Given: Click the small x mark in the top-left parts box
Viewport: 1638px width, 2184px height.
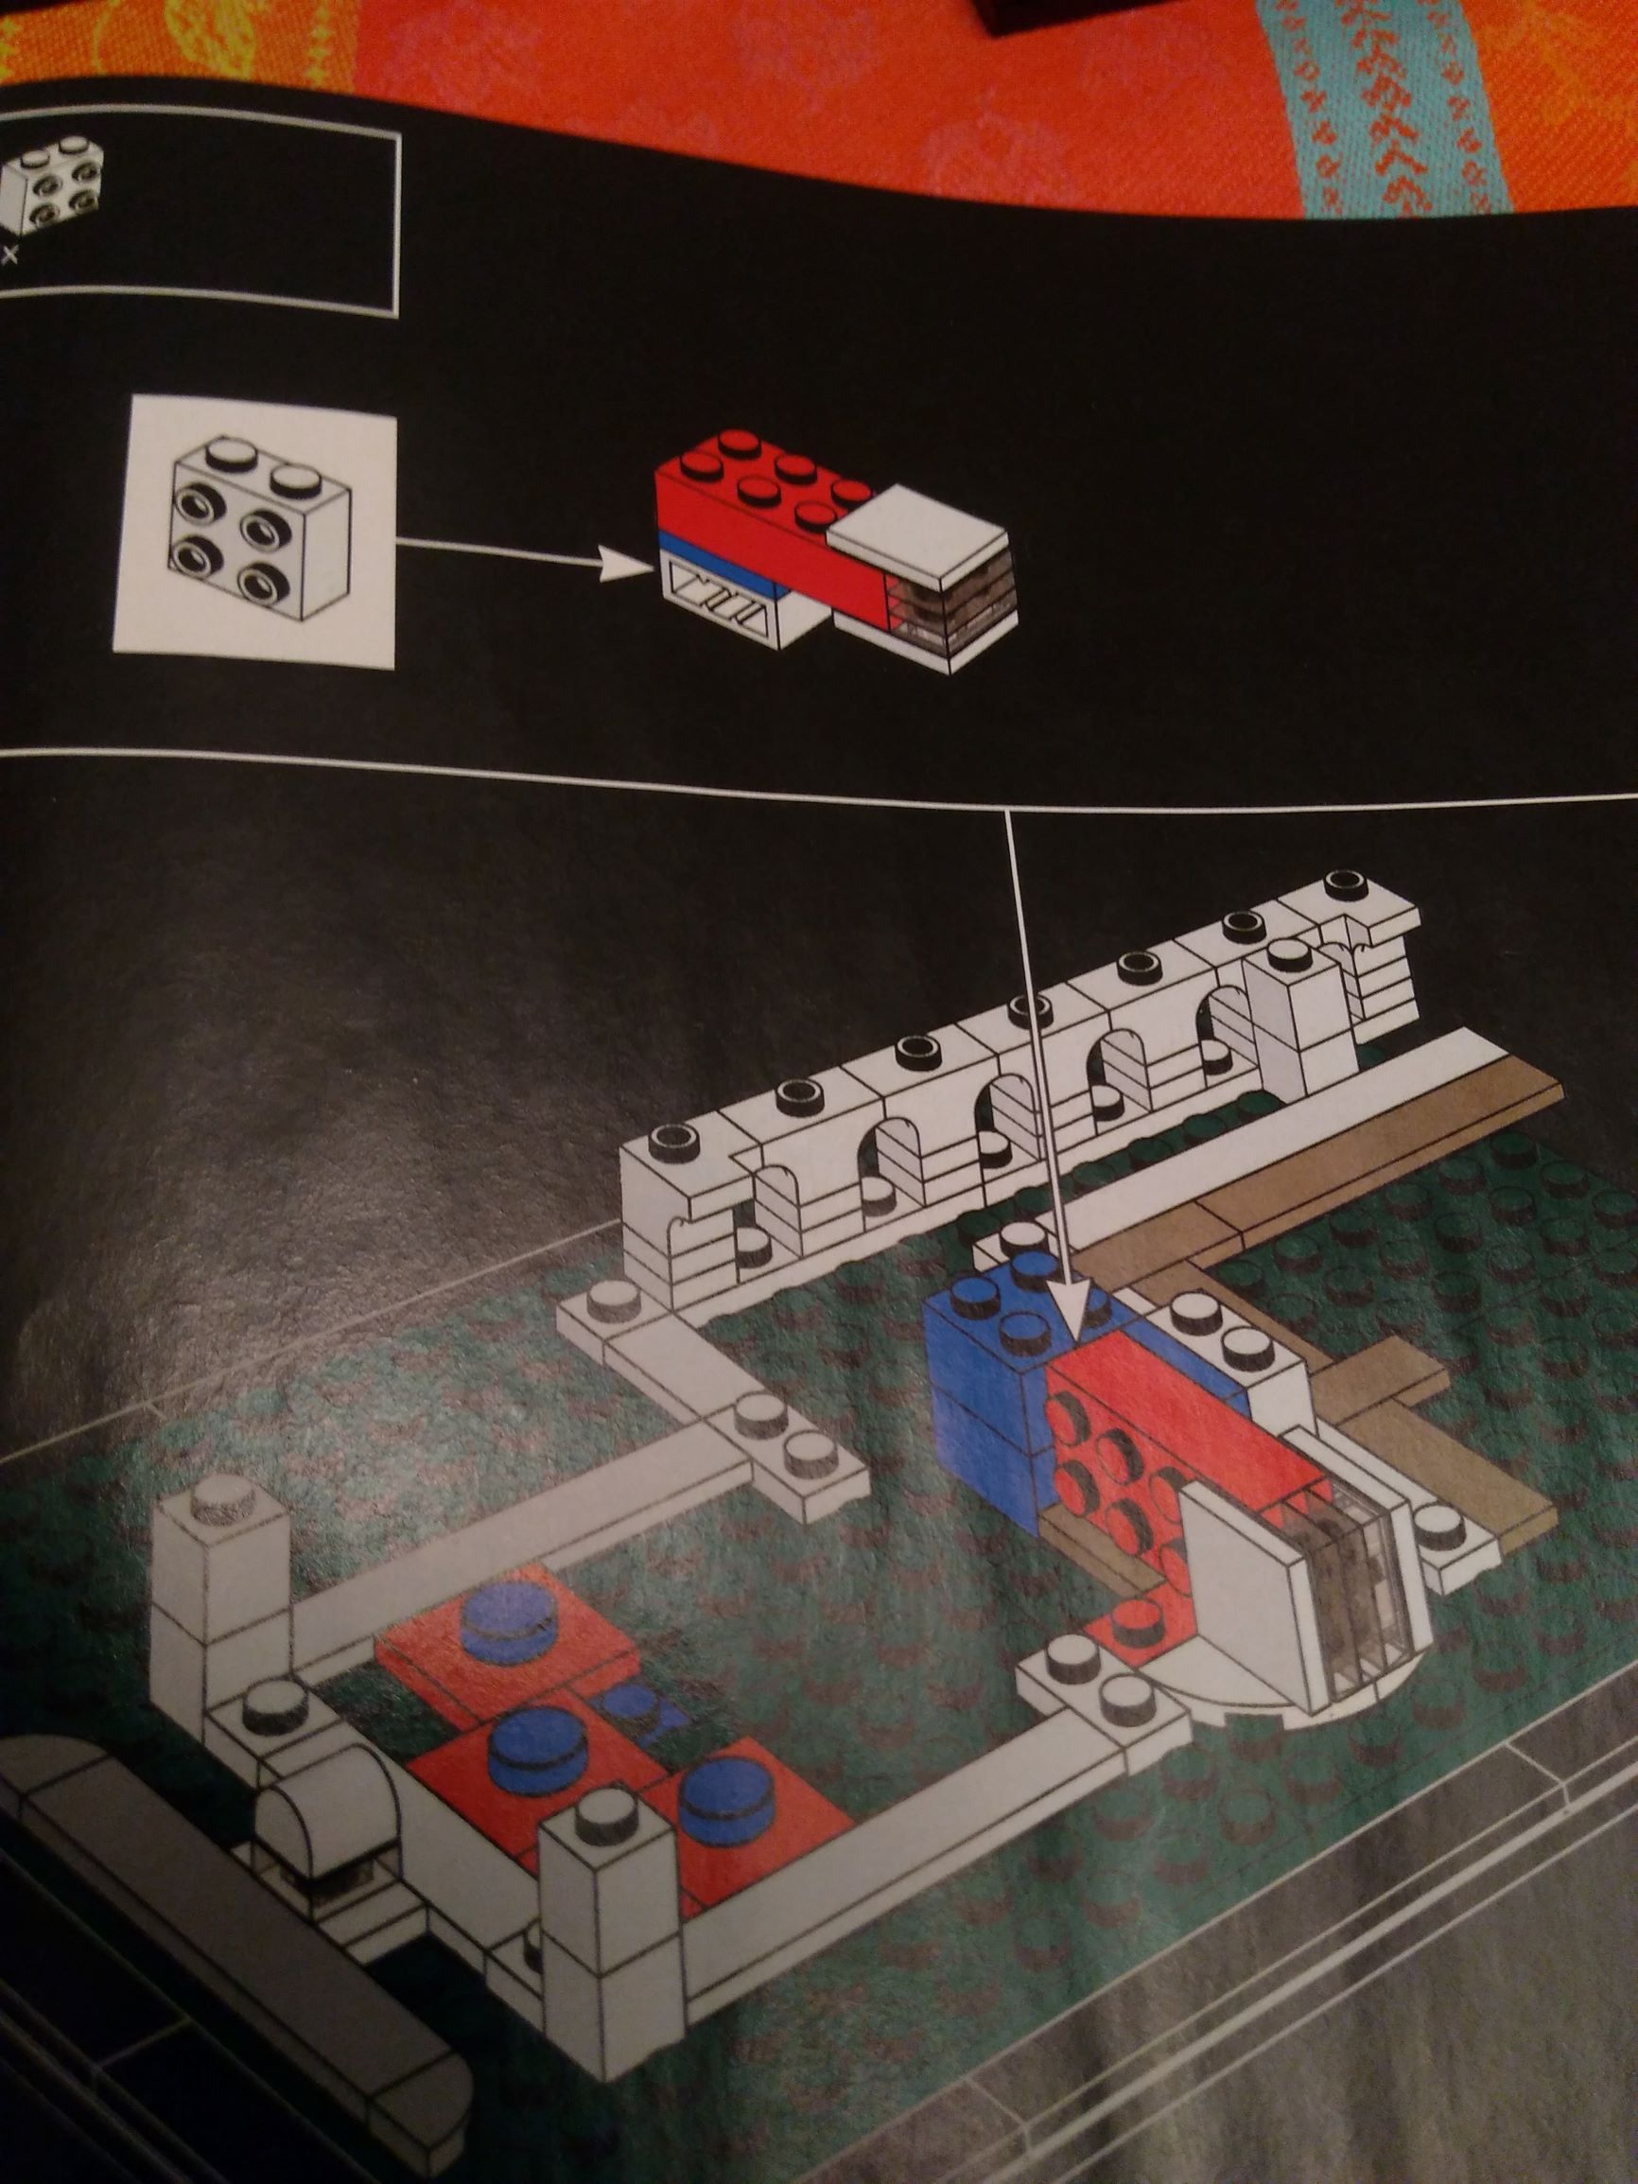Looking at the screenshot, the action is coord(10,255).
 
